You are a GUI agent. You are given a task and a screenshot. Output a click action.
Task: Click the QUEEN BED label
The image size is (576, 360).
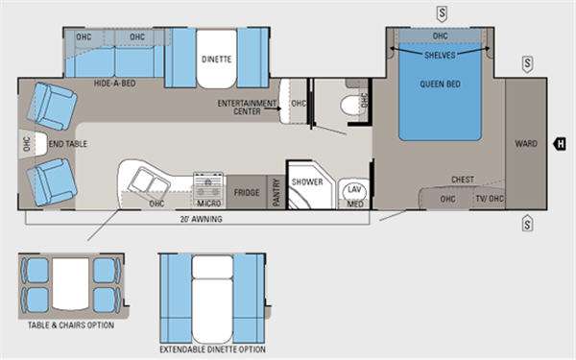coord(440,84)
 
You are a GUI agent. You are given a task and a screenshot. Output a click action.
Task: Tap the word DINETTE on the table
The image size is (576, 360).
coord(216,60)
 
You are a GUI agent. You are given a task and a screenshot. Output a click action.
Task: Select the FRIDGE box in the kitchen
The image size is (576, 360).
coord(247,192)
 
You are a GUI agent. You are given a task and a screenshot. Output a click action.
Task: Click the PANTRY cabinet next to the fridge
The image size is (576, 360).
coord(276,192)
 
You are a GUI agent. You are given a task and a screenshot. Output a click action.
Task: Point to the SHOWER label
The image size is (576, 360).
coord(307,181)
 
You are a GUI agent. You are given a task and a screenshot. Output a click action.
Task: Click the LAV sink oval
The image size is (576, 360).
coord(354,190)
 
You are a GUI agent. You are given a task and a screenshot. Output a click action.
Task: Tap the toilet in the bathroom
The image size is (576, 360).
coord(353,105)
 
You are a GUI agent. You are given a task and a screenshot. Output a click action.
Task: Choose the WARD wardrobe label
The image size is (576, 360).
coord(526,144)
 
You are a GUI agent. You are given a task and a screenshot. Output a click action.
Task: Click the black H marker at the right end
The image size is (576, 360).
coord(560,144)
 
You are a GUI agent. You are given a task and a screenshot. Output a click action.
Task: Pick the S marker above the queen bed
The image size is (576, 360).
coord(442,13)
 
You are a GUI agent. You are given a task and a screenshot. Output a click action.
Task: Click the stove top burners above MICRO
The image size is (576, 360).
coord(208,181)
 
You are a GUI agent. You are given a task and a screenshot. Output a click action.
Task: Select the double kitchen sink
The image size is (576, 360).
coord(151,181)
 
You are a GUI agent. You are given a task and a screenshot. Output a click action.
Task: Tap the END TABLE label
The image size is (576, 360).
coord(68,144)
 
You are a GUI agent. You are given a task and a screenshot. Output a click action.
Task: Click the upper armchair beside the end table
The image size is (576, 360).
coord(52,107)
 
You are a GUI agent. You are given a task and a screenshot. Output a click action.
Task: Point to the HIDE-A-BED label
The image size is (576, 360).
coord(114,84)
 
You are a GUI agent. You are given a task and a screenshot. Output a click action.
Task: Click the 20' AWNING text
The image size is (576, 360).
coord(202,219)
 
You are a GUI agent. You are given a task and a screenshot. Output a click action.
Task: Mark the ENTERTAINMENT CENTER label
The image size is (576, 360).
coord(247,108)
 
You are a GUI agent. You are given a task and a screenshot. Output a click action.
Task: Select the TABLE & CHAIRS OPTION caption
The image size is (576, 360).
coord(71,325)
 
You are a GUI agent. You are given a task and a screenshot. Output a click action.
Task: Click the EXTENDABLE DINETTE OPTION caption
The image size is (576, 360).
coord(212,349)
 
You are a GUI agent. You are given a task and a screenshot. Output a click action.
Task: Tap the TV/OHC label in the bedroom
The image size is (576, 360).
coord(490,199)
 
